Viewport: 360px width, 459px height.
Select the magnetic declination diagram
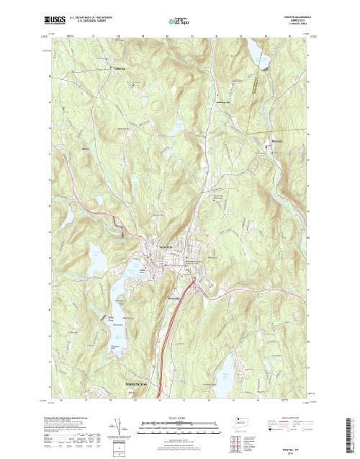pos(116,428)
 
